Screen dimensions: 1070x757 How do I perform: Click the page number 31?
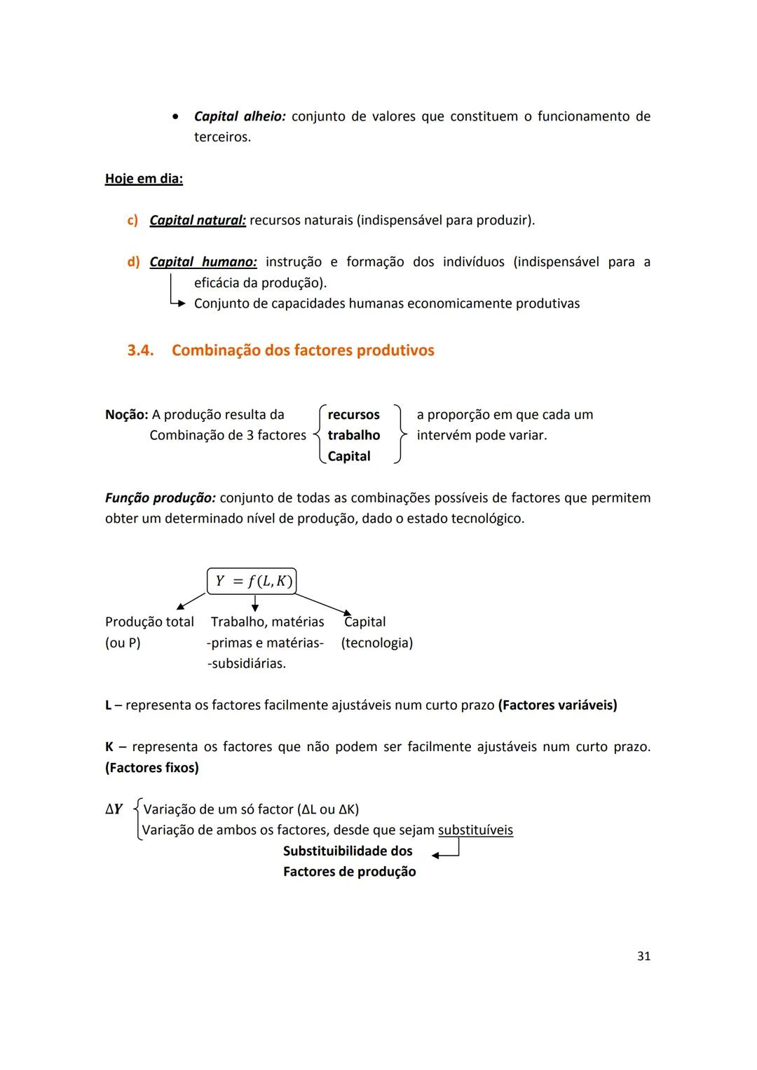[643, 956]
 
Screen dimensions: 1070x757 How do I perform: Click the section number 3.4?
[140, 350]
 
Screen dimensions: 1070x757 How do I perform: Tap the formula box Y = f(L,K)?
[252, 581]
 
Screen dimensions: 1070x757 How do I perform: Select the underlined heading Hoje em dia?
[144, 179]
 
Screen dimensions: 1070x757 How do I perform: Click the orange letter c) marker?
[132, 220]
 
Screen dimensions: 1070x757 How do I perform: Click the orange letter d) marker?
[133, 262]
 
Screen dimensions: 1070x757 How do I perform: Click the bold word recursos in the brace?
[353, 415]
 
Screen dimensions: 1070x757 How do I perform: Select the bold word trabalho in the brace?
[353, 435]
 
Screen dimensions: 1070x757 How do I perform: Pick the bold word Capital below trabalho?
[349, 456]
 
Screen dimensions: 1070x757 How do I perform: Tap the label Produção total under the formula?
[149, 622]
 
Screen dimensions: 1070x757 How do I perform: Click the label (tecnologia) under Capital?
[377, 643]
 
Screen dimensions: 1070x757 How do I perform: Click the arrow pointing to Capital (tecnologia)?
[324, 605]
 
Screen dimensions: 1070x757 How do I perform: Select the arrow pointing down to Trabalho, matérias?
[254, 603]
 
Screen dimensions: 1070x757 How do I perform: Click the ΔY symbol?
[114, 809]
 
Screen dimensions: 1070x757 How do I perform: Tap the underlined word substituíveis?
[475, 830]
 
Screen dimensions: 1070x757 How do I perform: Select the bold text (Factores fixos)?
[152, 768]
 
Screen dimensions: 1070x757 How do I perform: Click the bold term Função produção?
[160, 498]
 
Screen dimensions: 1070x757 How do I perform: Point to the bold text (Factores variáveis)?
[557, 705]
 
